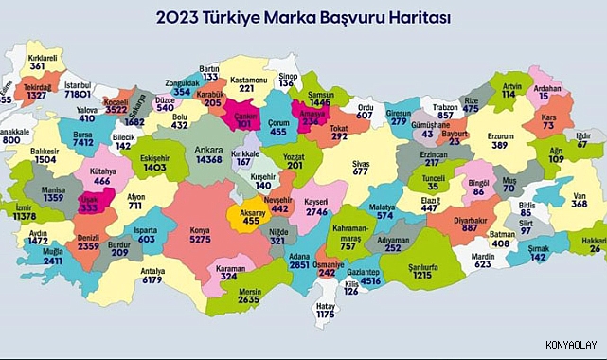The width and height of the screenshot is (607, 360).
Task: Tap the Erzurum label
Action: pyautogui.click(x=500, y=135)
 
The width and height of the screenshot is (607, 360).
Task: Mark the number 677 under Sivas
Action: pyautogui.click(x=361, y=171)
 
